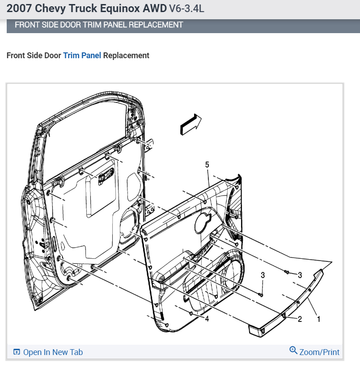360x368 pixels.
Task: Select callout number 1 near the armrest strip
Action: pyautogui.click(x=318, y=319)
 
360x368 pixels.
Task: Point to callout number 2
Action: pyautogui.click(x=300, y=319)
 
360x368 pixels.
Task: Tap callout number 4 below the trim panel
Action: pyautogui.click(x=207, y=319)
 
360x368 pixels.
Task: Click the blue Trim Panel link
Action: pyautogui.click(x=82, y=56)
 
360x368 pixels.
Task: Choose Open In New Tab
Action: pyautogui.click(x=53, y=352)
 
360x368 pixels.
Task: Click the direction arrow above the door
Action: pyautogui.click(x=191, y=124)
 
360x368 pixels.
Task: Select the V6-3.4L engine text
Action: pyautogui.click(x=186, y=9)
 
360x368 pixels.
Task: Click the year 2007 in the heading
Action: pyautogui.click(x=19, y=9)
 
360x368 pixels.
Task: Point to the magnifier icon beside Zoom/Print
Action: pyautogui.click(x=293, y=351)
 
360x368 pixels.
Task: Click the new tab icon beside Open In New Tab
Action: pyautogui.click(x=17, y=352)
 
